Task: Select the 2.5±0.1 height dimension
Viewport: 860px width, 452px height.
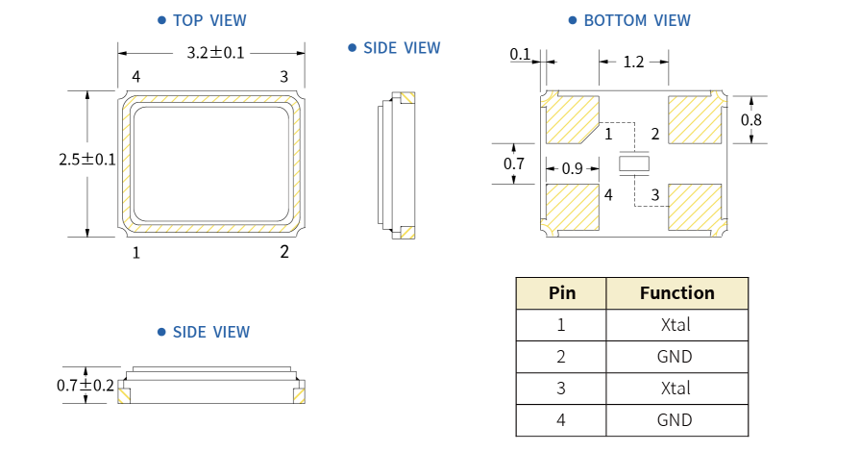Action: tap(87, 160)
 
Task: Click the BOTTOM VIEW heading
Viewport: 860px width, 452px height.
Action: tap(637, 20)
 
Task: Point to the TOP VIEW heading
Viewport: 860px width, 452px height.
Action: tap(209, 20)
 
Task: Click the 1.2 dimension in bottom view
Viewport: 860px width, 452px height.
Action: tap(634, 63)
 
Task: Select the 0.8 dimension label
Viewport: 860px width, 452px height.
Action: tap(751, 120)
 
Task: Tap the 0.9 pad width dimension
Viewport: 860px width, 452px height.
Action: tap(573, 169)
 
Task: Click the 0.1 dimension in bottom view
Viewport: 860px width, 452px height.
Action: tap(521, 55)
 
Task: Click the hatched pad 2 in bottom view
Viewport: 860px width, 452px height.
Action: tap(695, 119)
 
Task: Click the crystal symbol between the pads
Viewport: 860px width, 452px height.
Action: tap(634, 164)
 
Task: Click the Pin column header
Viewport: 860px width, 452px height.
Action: tap(561, 293)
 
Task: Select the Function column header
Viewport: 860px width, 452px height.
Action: tap(676, 293)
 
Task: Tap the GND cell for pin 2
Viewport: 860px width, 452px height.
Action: tap(676, 357)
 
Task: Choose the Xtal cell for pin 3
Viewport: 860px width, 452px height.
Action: tap(676, 389)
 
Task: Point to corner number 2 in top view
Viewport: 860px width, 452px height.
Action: tap(283, 252)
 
